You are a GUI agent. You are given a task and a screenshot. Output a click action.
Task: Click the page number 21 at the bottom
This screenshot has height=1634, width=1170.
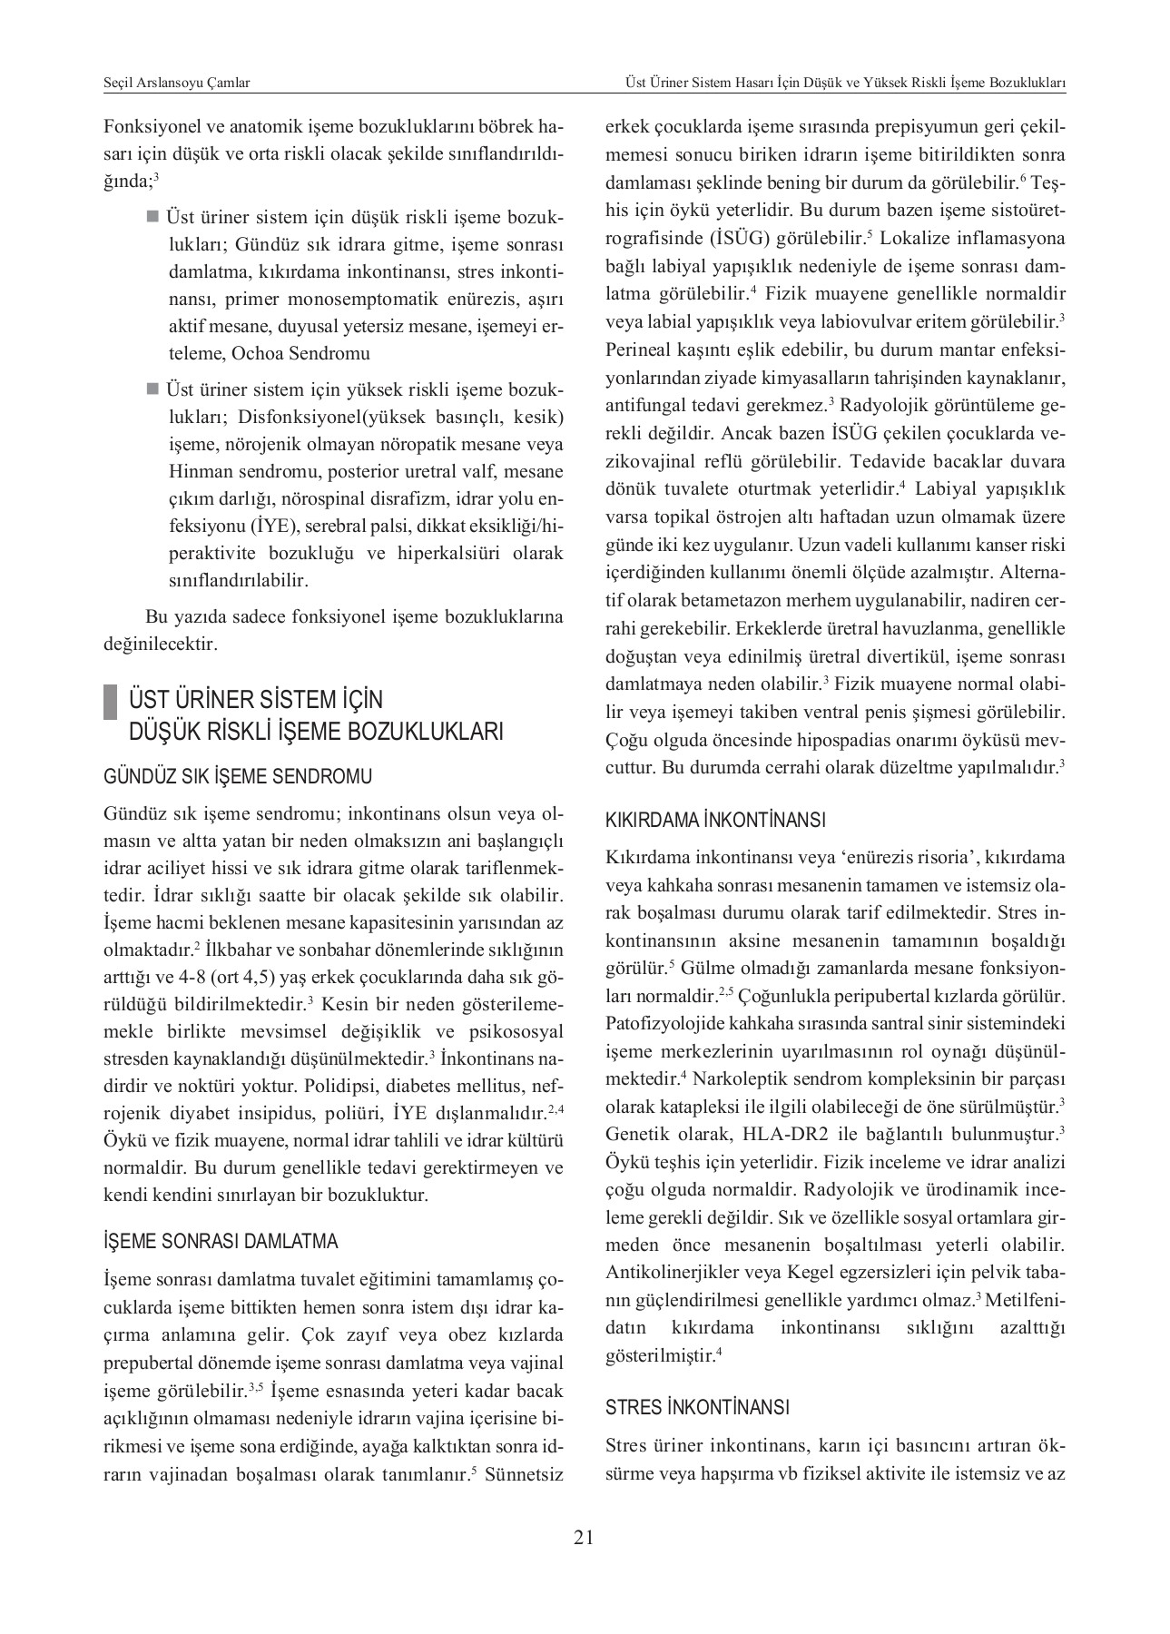point(584,1537)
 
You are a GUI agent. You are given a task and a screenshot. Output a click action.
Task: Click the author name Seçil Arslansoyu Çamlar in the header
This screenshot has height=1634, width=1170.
point(177,83)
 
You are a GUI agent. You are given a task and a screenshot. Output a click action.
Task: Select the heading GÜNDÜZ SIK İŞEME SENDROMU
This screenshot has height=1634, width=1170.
point(238,777)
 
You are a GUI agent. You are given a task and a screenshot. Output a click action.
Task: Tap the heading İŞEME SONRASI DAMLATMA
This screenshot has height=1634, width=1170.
point(221,1241)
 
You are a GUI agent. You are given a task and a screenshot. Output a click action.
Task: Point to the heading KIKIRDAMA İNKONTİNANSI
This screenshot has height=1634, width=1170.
point(715,821)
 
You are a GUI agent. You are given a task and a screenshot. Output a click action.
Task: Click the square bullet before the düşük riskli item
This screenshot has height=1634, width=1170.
point(152,217)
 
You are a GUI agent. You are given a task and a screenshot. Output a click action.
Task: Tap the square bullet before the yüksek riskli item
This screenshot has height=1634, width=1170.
point(152,389)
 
